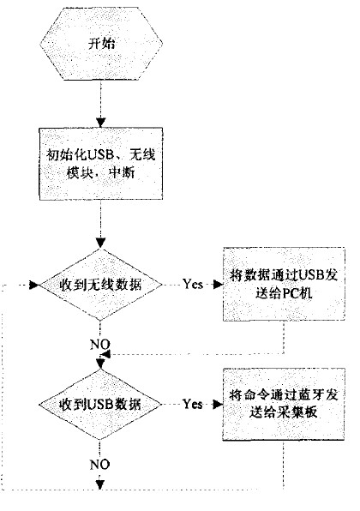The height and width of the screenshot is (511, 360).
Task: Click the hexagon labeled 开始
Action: coord(100,43)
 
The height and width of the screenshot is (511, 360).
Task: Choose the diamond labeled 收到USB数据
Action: coord(101,402)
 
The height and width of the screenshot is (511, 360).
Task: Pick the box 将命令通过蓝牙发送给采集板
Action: coord(282,403)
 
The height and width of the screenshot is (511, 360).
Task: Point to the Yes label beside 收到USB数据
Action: coord(193,402)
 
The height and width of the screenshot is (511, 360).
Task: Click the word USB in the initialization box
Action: coord(93,155)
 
